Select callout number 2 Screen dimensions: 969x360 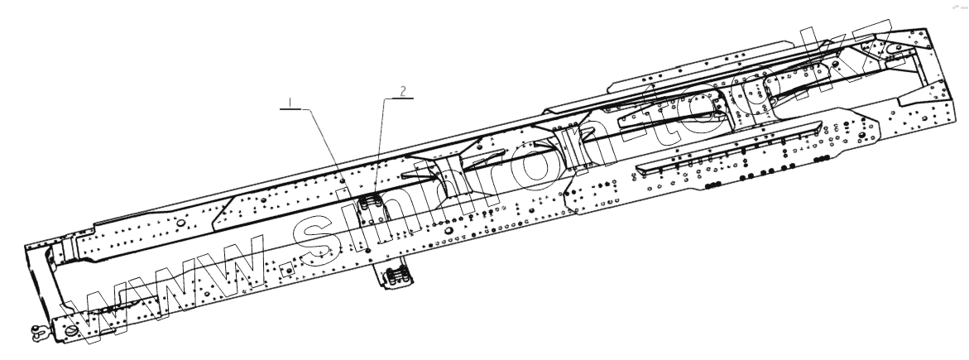pos(403,92)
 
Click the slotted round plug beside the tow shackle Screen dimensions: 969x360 pos(70,332)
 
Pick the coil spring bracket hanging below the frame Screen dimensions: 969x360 pos(399,276)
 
